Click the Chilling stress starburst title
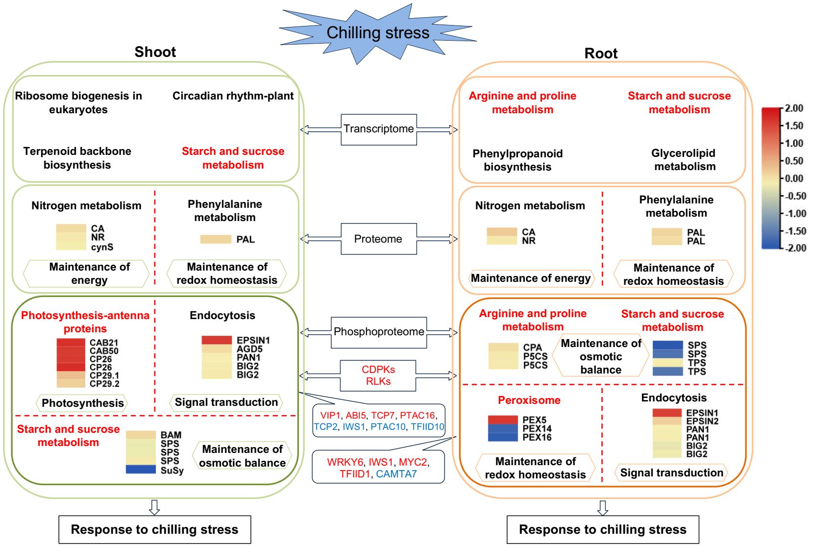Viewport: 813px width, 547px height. [x=378, y=33]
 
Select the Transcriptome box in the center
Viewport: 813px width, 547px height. [x=378, y=129]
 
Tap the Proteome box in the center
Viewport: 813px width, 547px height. [x=378, y=239]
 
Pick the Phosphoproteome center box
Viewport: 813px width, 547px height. [x=379, y=332]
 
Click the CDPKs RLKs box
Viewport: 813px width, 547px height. [x=378, y=375]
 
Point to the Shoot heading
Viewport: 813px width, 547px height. [x=155, y=52]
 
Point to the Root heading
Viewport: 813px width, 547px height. [x=601, y=53]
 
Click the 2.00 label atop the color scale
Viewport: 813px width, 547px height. [x=794, y=108]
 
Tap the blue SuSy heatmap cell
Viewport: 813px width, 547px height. [x=141, y=470]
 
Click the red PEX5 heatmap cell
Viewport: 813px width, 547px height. [x=503, y=420]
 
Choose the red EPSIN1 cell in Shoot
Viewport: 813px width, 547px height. [x=217, y=340]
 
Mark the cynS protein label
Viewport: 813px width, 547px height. [x=102, y=247]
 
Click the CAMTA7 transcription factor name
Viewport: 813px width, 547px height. [x=396, y=474]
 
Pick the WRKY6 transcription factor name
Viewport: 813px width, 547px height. [x=345, y=462]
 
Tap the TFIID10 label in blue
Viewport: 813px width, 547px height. [x=427, y=426]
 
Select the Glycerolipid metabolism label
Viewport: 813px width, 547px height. [x=685, y=160]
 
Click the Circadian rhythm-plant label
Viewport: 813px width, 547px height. [x=233, y=96]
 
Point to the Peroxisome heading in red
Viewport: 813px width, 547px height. [x=529, y=400]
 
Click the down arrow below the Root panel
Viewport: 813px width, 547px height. [x=603, y=507]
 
